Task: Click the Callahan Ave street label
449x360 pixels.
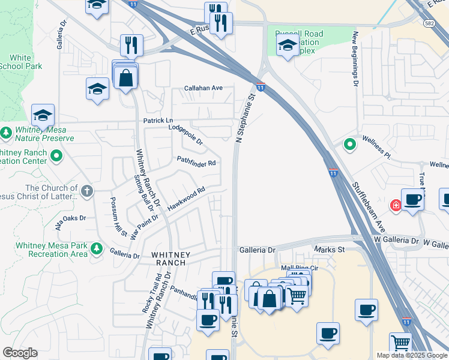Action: pyautogui.click(x=203, y=88)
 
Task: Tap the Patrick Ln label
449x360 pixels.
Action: pyautogui.click(x=158, y=121)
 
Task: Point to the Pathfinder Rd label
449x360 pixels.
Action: pyautogui.click(x=196, y=161)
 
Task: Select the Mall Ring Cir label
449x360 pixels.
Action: pyautogui.click(x=298, y=268)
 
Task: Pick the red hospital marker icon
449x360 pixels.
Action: pyautogui.click(x=396, y=206)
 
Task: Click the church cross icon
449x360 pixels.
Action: pyautogui.click(x=87, y=191)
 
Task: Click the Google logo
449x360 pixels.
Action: pyautogui.click(x=20, y=353)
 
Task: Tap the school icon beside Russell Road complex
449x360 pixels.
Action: pyautogui.click(x=288, y=45)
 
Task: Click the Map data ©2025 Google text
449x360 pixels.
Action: pyautogui.click(x=411, y=355)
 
